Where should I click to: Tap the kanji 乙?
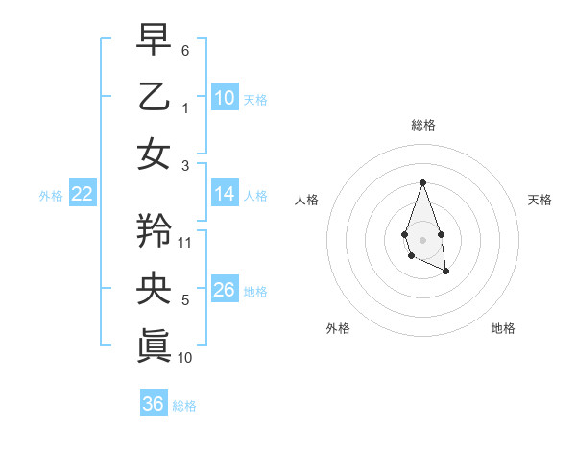(x=154, y=98)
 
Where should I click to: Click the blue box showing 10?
(x=225, y=98)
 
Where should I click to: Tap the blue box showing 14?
(x=225, y=194)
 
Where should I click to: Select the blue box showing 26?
(x=225, y=290)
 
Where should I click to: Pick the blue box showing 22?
(x=82, y=195)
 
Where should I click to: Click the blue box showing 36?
(x=154, y=404)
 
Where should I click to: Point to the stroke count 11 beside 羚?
(x=185, y=242)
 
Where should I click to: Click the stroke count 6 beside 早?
(x=185, y=49)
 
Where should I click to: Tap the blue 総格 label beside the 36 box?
(x=184, y=406)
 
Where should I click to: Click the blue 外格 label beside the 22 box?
(x=51, y=196)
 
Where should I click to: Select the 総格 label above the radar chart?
(x=422, y=125)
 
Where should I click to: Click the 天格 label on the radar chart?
(x=540, y=200)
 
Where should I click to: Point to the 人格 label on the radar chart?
(x=307, y=200)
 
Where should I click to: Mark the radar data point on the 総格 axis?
(x=422, y=182)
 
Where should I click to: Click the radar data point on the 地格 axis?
(x=446, y=272)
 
